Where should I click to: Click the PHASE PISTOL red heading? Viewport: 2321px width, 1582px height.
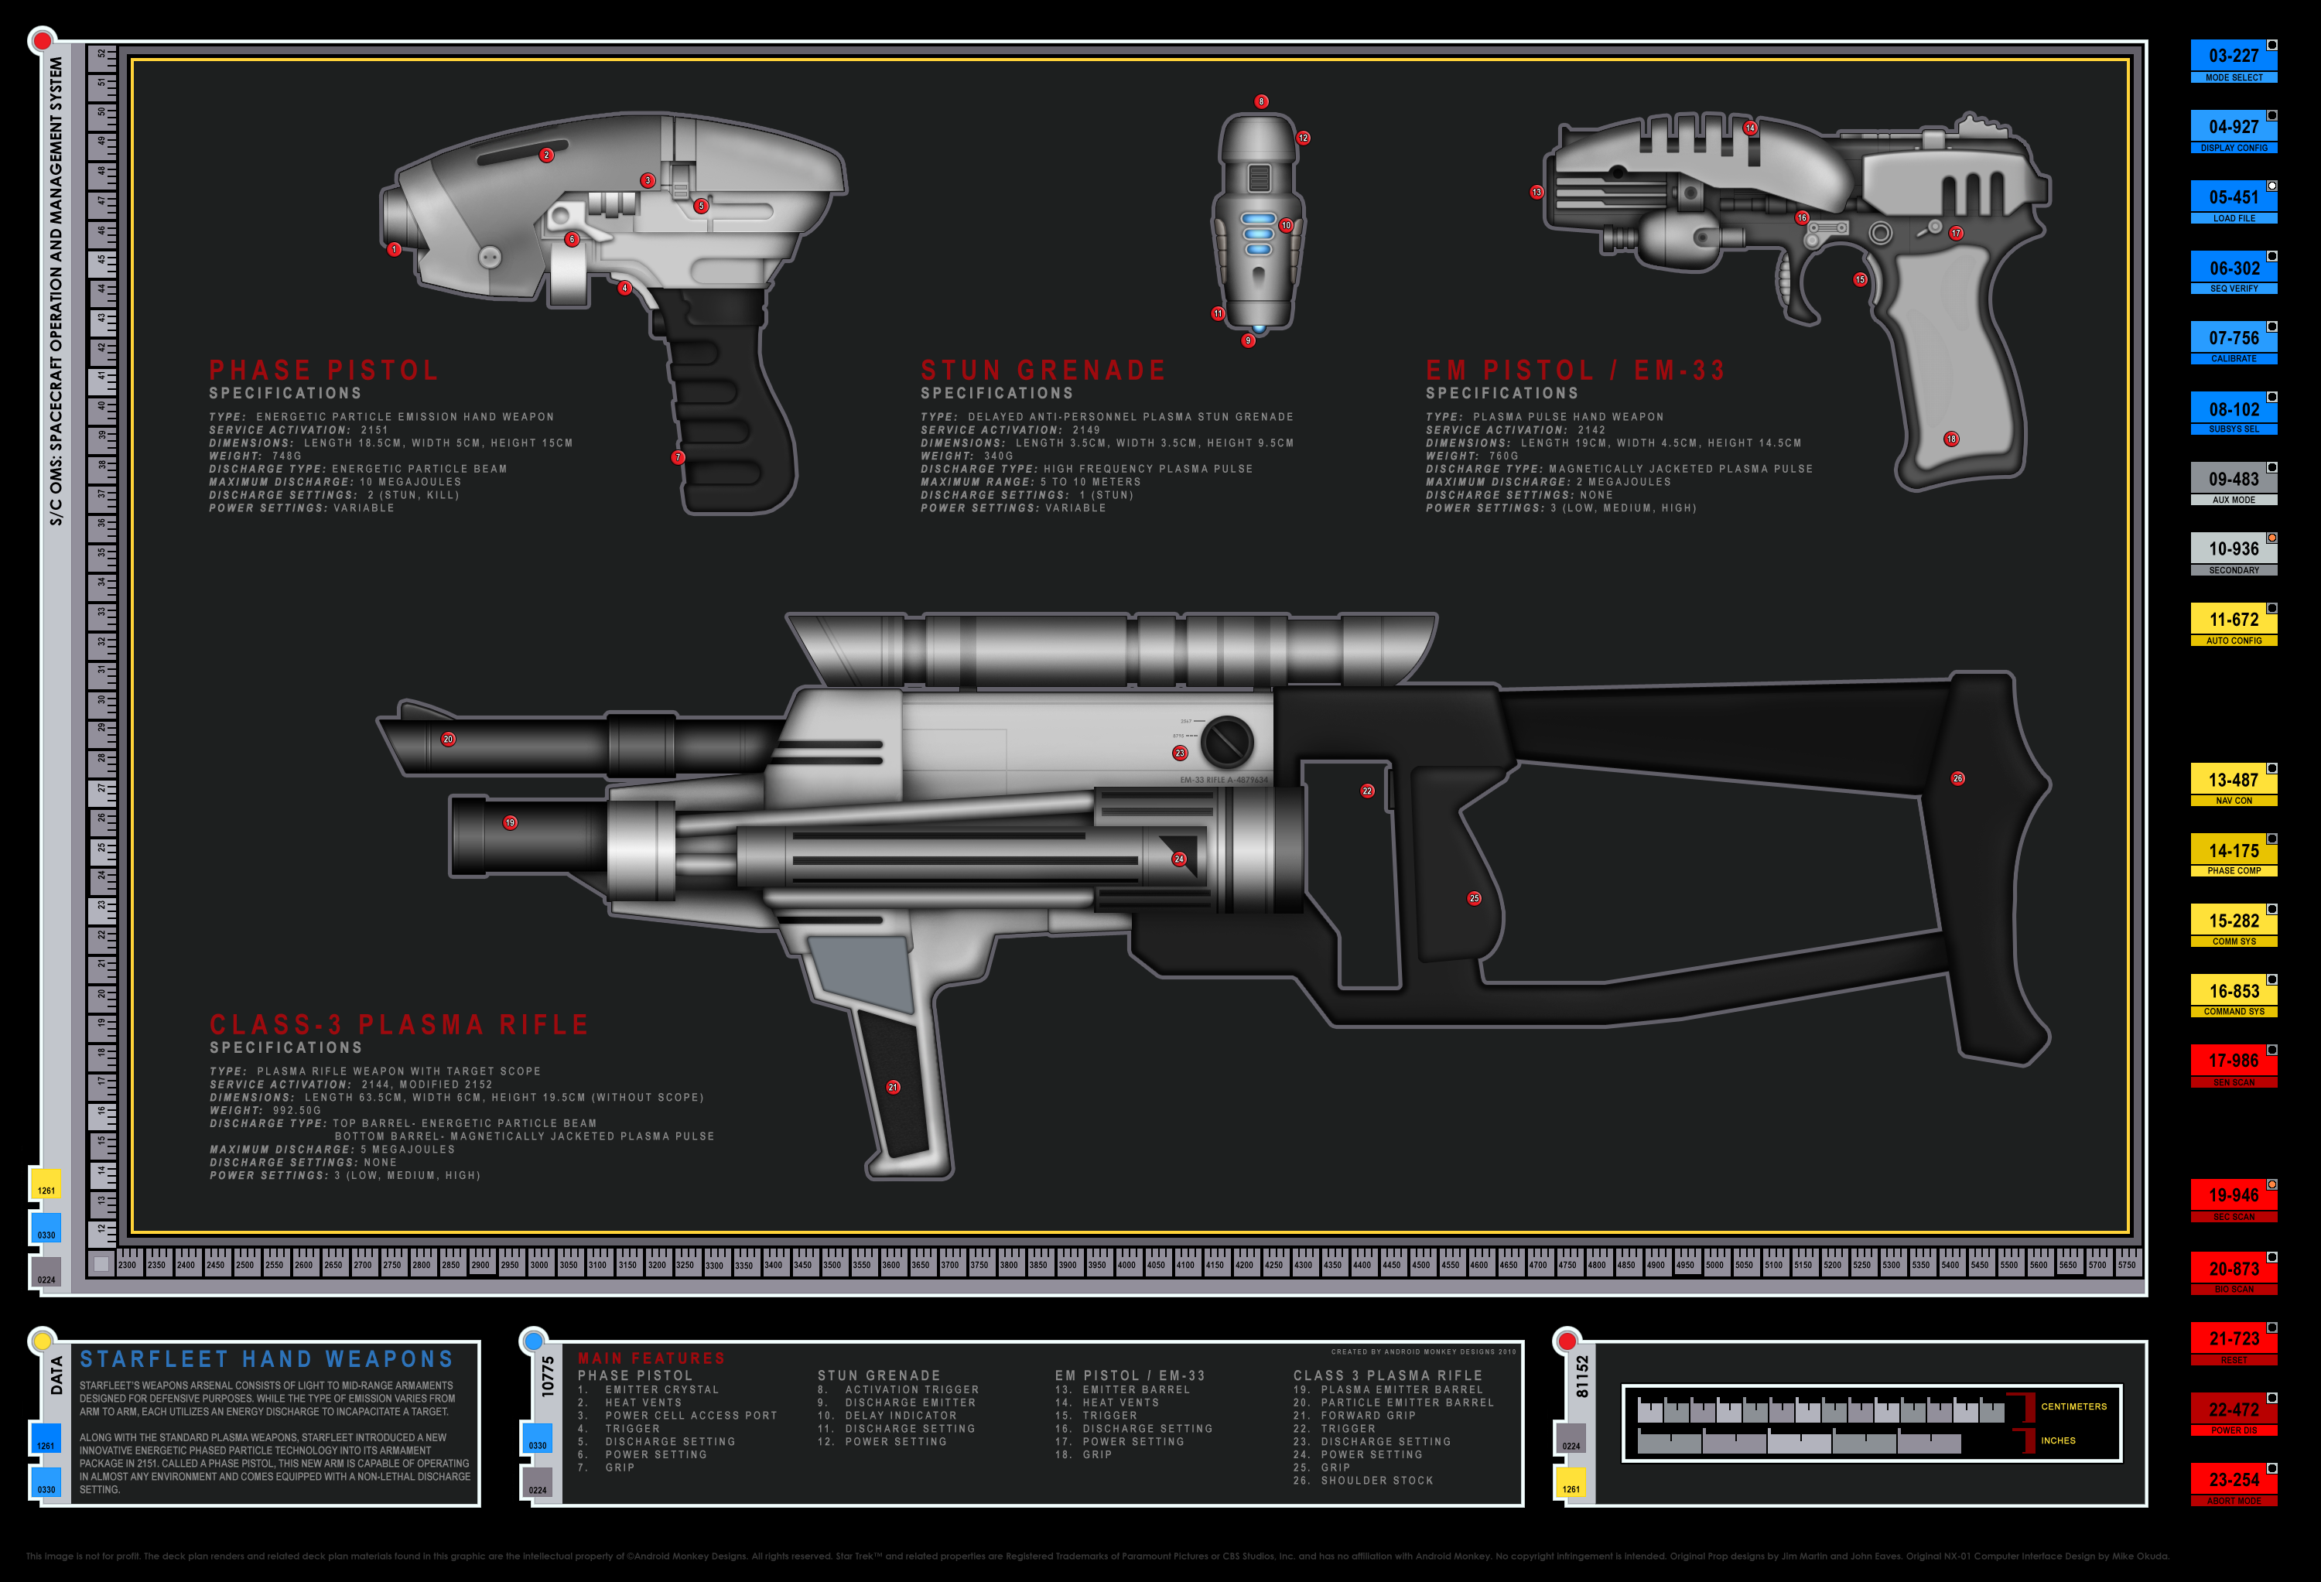[323, 371]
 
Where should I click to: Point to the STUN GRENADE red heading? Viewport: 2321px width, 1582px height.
[1043, 371]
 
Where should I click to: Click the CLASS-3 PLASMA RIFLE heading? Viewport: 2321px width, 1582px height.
[398, 1025]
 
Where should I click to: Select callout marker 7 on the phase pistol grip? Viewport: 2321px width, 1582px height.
[679, 457]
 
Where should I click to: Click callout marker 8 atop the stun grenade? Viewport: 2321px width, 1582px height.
[1261, 102]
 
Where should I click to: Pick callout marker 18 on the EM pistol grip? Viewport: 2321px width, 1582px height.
[1950, 439]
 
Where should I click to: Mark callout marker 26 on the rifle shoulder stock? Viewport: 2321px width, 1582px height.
[1957, 778]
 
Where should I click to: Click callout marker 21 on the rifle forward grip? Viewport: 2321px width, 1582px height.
[893, 1087]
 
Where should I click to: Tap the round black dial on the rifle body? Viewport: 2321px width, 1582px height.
[1226, 741]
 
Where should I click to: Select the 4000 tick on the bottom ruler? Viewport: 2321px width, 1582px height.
[1126, 1264]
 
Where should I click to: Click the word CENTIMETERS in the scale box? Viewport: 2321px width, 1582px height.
[2073, 1406]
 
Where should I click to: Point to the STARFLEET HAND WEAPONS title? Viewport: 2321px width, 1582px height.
[267, 1359]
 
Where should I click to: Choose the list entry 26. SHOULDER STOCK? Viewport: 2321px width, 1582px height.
[1363, 1480]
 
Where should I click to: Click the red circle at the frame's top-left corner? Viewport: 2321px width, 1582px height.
[42, 41]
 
